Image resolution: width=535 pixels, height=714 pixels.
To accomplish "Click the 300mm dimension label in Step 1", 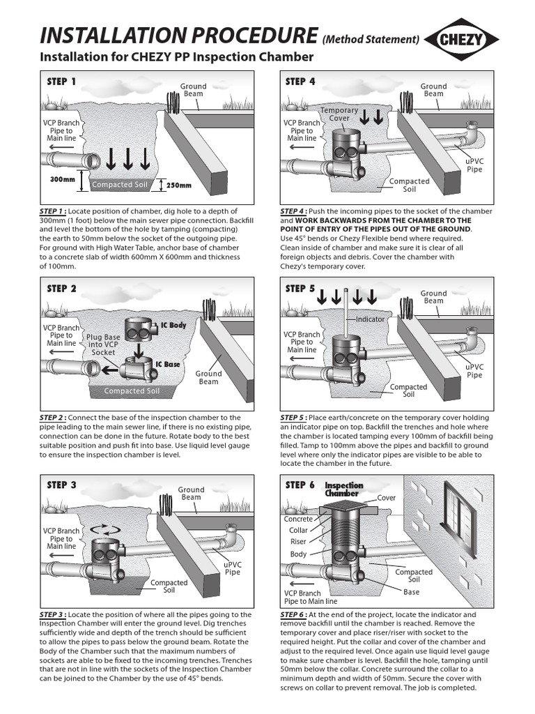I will pyautogui.click(x=63, y=178).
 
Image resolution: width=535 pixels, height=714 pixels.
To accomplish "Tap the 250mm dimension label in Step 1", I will pyautogui.click(x=178, y=185).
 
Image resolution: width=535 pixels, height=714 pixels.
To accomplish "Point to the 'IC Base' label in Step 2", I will pyautogui.click(x=167, y=364).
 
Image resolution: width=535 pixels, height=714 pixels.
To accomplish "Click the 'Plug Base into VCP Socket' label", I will pyautogui.click(x=104, y=345).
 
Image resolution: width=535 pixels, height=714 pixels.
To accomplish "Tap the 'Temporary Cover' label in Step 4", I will pyautogui.click(x=339, y=114).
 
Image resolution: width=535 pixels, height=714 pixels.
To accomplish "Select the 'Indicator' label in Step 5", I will pyautogui.click(x=370, y=319).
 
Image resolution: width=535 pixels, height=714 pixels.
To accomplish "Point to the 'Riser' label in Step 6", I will pyautogui.click(x=298, y=541).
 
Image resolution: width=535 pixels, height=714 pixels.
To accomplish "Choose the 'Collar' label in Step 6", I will pyautogui.click(x=298, y=530).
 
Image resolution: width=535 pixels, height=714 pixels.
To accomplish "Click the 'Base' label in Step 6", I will pyautogui.click(x=412, y=592).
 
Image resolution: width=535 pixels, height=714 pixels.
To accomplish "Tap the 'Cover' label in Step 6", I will pyautogui.click(x=386, y=498).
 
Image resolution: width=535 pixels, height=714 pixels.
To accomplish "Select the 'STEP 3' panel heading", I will pyautogui.click(x=61, y=485).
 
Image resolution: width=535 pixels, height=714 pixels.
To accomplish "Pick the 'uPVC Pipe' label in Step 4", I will pyautogui.click(x=474, y=165).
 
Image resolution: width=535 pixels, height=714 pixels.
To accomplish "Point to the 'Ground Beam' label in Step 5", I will pyautogui.click(x=433, y=297).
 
